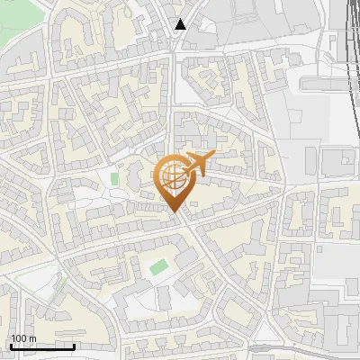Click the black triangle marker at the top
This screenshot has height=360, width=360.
181,24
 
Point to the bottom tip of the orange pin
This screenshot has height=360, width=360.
173,211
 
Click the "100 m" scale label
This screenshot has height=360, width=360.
23,338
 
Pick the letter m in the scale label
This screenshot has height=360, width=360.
32,338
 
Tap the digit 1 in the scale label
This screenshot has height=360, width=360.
13,338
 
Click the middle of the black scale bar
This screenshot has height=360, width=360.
42,346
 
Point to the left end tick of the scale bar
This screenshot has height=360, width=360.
11,345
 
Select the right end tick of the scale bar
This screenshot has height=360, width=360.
74,345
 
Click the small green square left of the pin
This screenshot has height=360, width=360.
114,178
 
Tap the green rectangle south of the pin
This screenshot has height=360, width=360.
158,267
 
